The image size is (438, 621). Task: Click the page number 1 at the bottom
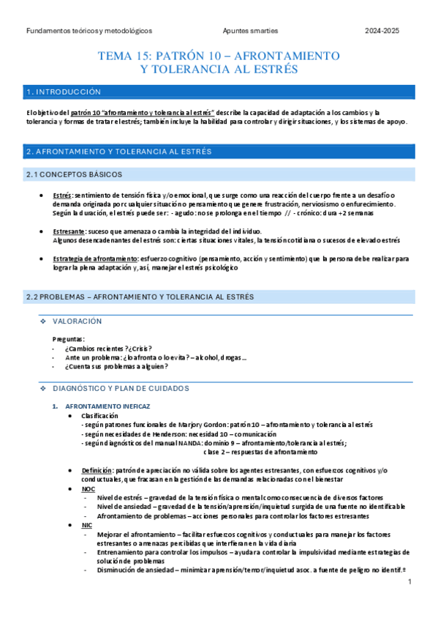[410, 582]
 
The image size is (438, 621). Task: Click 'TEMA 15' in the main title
[128, 56]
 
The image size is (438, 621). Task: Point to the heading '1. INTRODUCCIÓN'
[63, 93]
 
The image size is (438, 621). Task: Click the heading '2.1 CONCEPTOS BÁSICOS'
[74, 174]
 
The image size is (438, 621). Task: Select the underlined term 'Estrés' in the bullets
[63, 196]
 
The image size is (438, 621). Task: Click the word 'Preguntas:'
[68, 339]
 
